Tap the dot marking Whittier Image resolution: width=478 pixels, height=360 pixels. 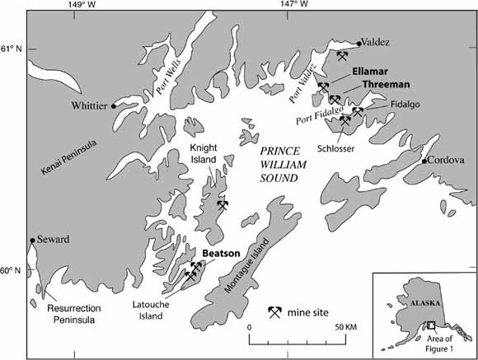[114, 105]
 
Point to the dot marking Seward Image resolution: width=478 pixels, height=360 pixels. [32, 241]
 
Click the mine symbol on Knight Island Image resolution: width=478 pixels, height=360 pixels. [222, 205]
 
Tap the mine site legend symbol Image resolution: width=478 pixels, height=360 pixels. [276, 311]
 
